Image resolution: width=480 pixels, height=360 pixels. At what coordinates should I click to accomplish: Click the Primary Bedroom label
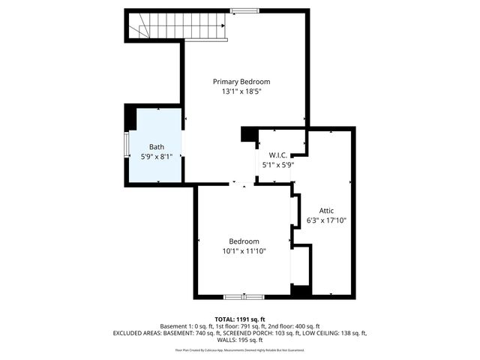[241, 82]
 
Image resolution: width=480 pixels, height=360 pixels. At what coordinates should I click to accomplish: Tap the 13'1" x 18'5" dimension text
[241, 91]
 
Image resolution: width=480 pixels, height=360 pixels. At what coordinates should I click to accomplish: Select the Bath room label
[156, 147]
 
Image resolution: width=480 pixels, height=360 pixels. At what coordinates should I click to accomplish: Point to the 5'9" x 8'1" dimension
[156, 157]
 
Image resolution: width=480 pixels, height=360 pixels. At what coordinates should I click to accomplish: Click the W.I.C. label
[277, 155]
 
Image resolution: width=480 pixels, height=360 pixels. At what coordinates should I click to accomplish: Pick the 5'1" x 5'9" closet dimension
[277, 165]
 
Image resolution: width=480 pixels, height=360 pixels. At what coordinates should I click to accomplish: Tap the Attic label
[326, 211]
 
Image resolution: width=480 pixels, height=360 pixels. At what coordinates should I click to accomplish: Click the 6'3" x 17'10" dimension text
[326, 220]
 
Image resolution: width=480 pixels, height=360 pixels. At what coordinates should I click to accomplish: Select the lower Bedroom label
[244, 241]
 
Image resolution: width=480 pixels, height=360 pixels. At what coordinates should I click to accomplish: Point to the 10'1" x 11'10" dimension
[244, 251]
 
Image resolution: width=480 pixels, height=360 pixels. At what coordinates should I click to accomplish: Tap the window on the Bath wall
[126, 147]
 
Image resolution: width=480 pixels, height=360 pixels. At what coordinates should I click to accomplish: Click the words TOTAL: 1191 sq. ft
[240, 319]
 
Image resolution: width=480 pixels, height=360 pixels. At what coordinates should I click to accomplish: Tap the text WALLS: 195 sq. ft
[240, 340]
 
